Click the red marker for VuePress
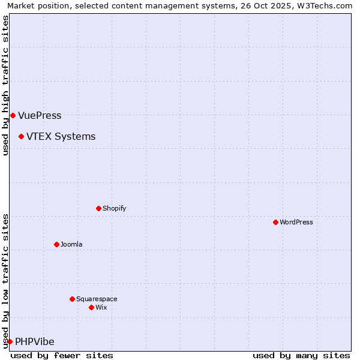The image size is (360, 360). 13,115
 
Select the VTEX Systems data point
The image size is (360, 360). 21,136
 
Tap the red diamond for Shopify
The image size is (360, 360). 98,208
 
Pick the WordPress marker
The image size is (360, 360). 275,222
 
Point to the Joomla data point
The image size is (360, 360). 56,244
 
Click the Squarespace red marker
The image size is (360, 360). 72,299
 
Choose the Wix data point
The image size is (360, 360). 91,307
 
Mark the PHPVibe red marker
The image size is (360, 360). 10,341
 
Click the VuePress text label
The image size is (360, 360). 40,116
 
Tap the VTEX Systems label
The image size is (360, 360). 61,137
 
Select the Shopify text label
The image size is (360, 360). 114,209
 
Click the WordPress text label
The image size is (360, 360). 296,223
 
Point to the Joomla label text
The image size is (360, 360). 71,245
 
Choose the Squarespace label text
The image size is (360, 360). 97,299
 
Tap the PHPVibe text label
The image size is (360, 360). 35,342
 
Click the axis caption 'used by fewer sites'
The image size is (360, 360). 62,355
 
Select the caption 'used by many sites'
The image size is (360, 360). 301,355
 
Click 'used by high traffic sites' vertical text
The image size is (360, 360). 5,85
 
